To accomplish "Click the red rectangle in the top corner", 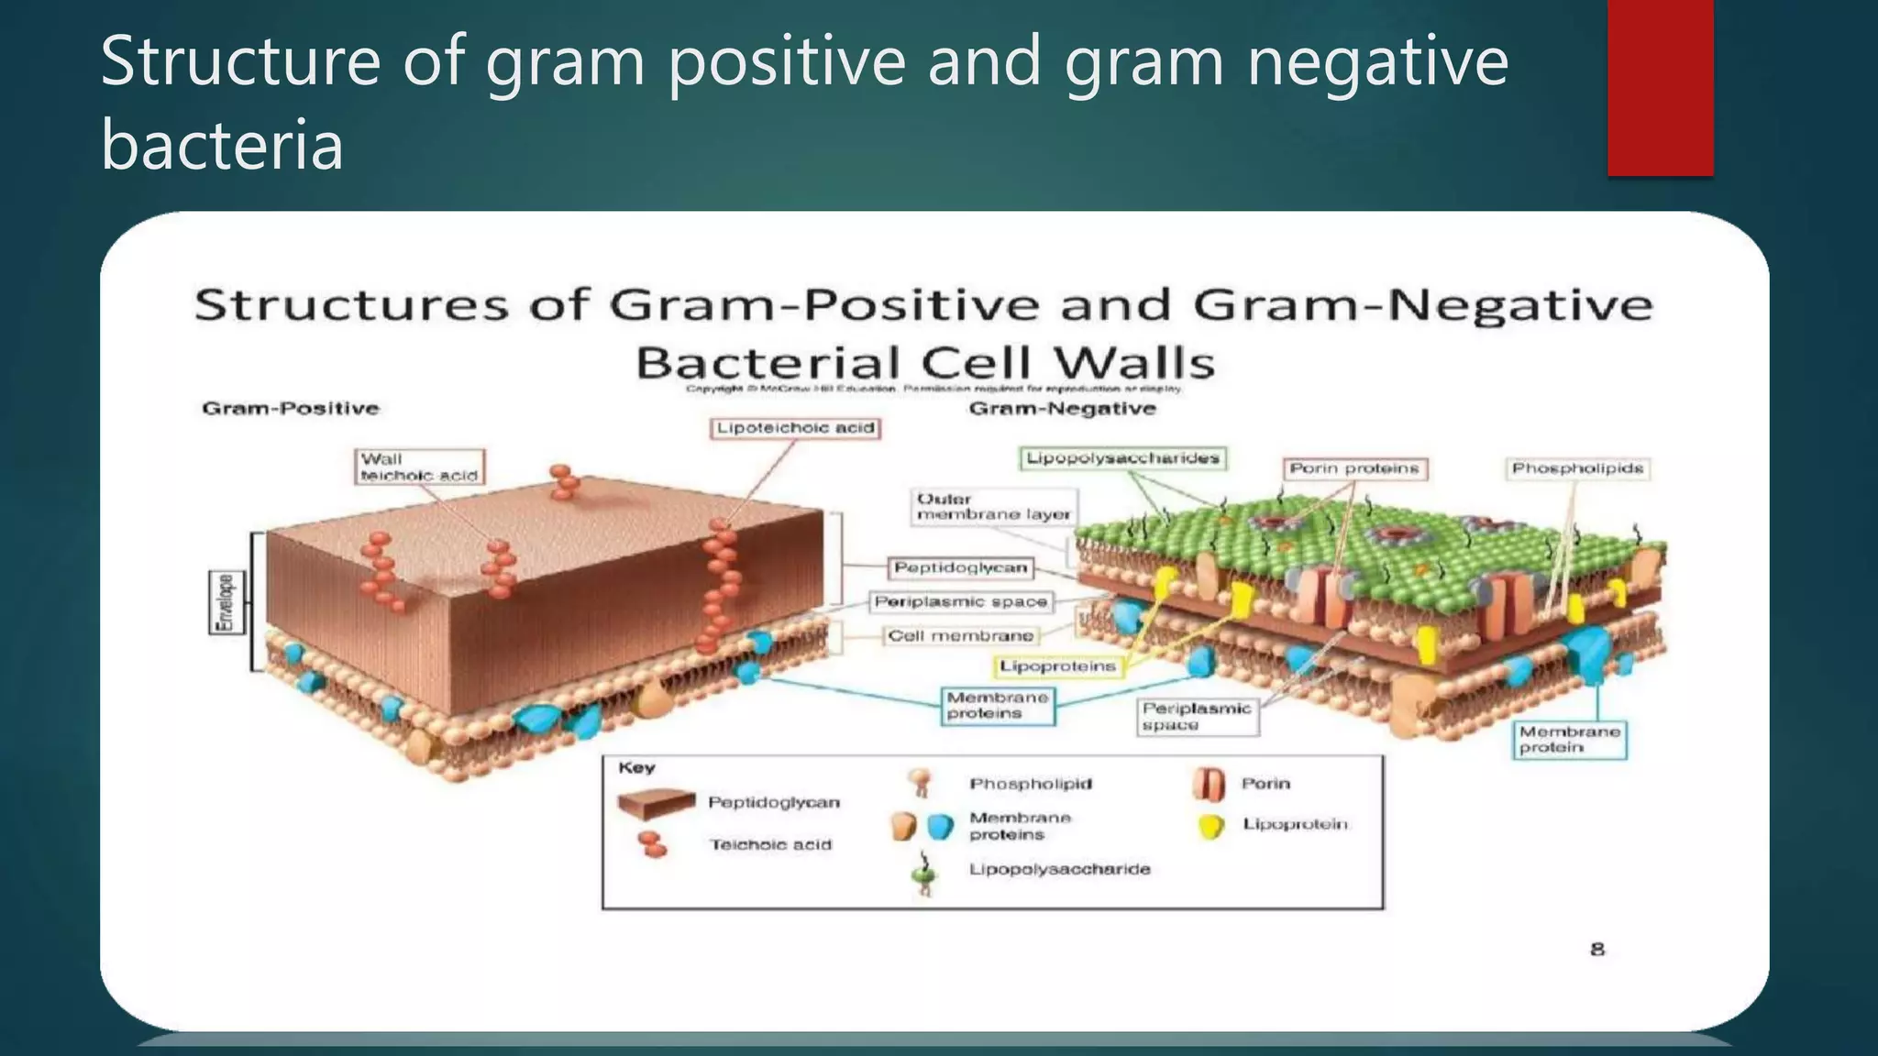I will click(1660, 87).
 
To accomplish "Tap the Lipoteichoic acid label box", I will click(795, 428).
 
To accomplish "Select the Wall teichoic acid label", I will click(419, 467).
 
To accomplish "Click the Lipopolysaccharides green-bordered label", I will click(1122, 458).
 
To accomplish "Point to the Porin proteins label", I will click(1353, 468).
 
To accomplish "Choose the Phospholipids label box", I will click(1576, 468).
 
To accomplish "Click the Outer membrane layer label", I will click(993, 507).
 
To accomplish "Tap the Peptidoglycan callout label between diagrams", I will click(960, 568).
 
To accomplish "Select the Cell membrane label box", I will click(960, 635).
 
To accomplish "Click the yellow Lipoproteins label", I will click(1057, 666).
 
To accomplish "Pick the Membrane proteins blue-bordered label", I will click(998, 705).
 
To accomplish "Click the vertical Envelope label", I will click(225, 602).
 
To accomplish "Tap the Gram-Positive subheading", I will click(290, 409).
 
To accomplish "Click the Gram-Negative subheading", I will click(1062, 409).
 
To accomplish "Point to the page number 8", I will click(1596, 950).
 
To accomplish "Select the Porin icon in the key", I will click(1209, 784).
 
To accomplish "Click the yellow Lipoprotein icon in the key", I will click(1211, 826).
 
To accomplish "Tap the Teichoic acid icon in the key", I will click(652, 844).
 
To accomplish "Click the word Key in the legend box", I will click(636, 768).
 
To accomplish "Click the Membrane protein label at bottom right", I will click(1569, 740).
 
